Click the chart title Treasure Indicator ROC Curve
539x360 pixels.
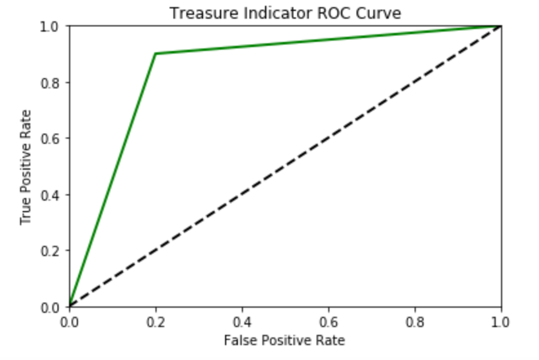click(284, 12)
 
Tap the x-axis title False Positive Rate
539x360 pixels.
click(284, 340)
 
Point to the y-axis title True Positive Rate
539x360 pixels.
click(26, 166)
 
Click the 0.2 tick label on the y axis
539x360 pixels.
click(52, 250)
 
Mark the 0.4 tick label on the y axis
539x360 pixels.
click(52, 194)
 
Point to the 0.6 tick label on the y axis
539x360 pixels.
click(52, 138)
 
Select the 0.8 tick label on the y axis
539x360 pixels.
click(52, 82)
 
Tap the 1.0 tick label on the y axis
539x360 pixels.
click(52, 26)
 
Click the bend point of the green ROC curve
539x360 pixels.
click(155, 54)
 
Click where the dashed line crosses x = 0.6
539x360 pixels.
click(328, 138)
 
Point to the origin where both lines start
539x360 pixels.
click(69, 306)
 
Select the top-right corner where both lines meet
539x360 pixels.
click(501, 26)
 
